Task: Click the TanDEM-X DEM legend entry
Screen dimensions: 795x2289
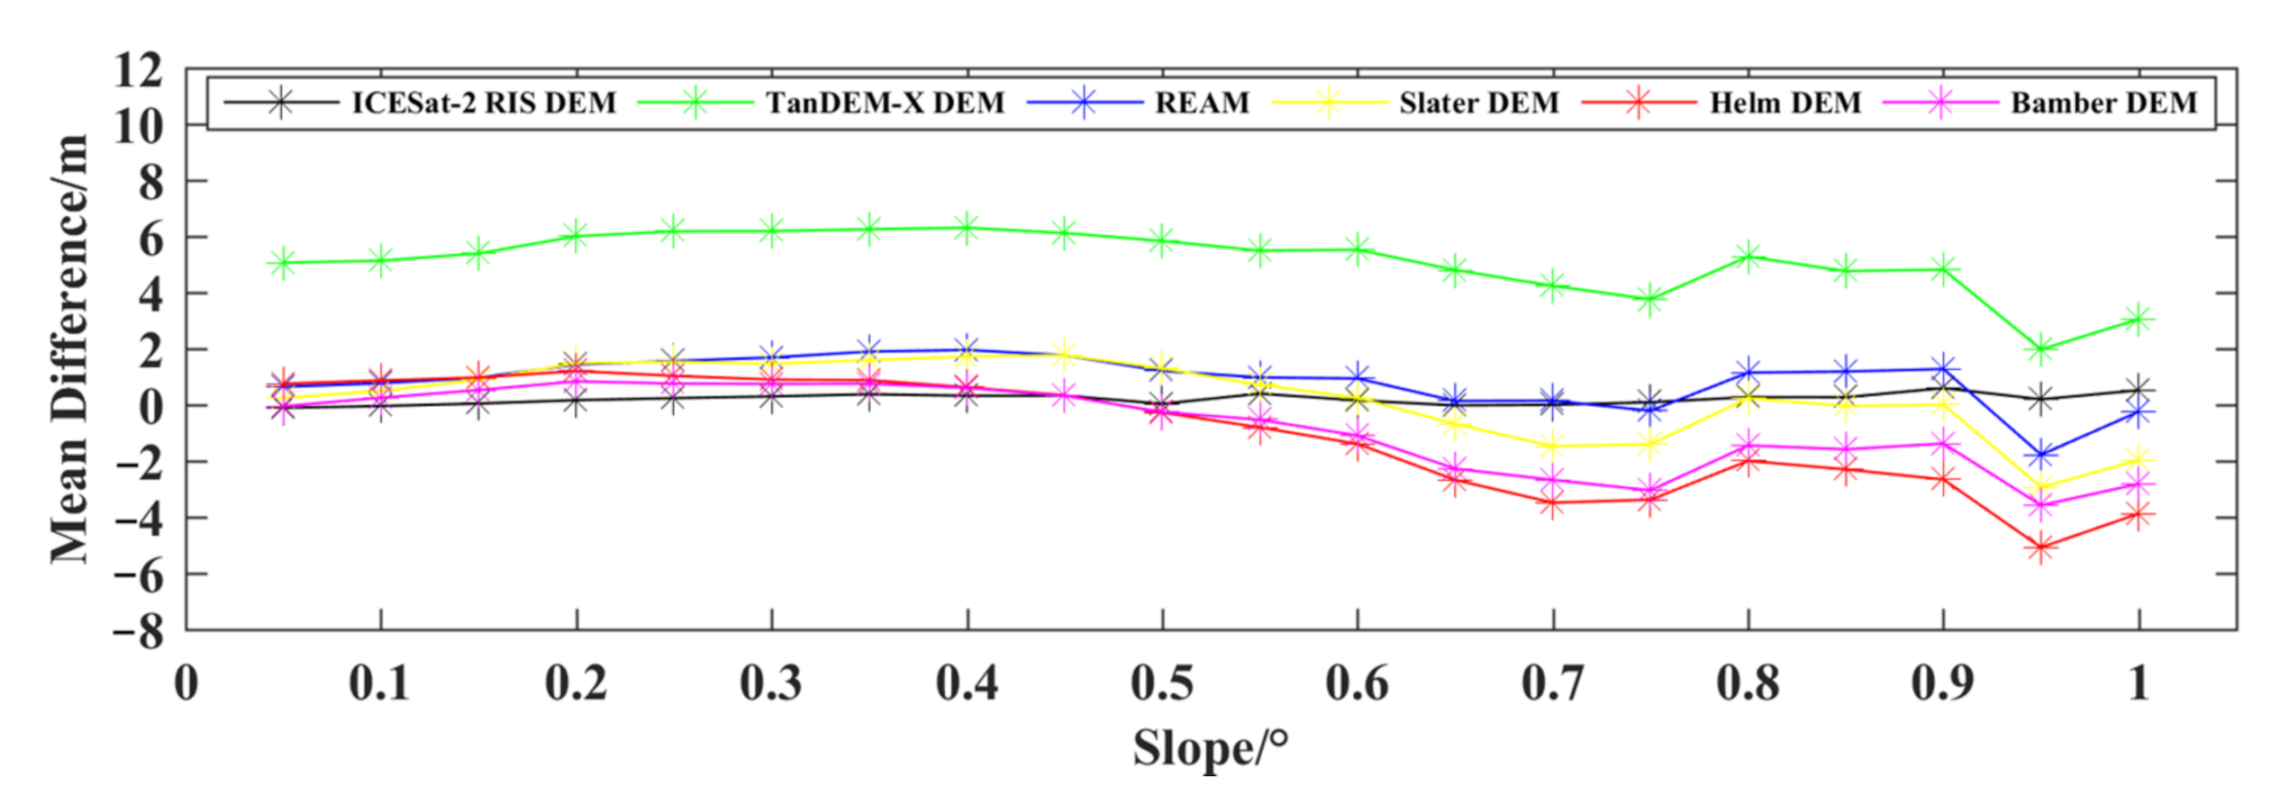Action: coord(885,103)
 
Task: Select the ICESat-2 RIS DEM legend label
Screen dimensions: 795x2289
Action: coord(484,103)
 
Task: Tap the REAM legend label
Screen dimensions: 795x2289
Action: coord(1203,103)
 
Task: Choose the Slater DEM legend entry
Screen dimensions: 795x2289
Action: coord(1479,103)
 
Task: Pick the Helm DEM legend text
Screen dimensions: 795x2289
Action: coord(1785,103)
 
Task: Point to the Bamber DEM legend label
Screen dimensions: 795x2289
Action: coord(2104,103)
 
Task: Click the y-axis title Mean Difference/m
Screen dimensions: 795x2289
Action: coord(70,349)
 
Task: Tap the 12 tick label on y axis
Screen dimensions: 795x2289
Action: coord(138,70)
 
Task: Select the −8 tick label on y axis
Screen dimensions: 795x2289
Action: coord(138,633)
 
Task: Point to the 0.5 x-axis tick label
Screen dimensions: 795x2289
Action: coord(1162,683)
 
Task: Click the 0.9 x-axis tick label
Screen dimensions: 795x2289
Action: coord(1943,683)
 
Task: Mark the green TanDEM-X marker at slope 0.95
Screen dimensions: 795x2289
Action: coord(2041,349)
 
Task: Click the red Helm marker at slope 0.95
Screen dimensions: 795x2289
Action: coord(2041,547)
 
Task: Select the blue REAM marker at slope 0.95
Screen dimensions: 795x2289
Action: coord(2041,455)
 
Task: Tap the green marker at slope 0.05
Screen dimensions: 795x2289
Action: coord(283,263)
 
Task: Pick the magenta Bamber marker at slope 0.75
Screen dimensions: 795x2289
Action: coord(1650,491)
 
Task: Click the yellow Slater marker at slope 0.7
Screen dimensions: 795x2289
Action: coord(1552,445)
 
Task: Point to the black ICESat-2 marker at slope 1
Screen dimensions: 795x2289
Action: coord(2139,391)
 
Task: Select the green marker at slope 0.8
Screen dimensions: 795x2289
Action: coord(1749,257)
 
